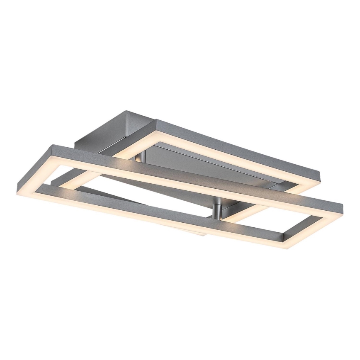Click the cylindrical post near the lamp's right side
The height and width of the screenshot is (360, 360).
coord(216,210)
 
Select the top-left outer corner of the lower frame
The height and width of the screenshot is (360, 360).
coord(51,145)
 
